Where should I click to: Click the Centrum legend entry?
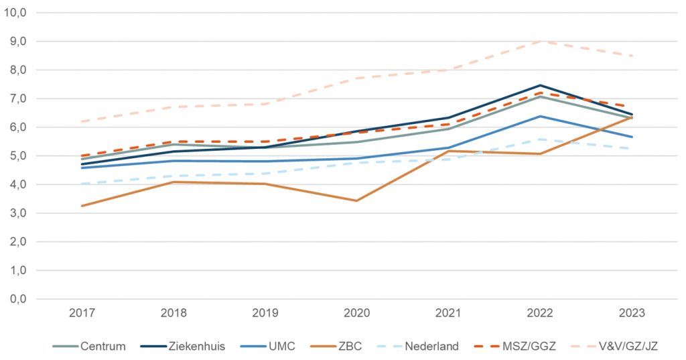(x=93, y=347)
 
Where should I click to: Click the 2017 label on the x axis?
(x=82, y=312)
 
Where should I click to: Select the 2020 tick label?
(x=356, y=312)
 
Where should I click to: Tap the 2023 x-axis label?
(x=631, y=312)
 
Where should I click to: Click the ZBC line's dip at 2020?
(x=356, y=200)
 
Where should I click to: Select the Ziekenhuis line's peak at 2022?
(x=540, y=85)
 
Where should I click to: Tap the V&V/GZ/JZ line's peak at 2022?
(x=540, y=41)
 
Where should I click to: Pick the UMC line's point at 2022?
(x=540, y=116)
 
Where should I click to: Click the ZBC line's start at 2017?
(x=82, y=206)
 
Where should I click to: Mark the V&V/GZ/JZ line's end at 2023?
(x=631, y=56)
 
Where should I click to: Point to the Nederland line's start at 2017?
(x=82, y=184)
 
